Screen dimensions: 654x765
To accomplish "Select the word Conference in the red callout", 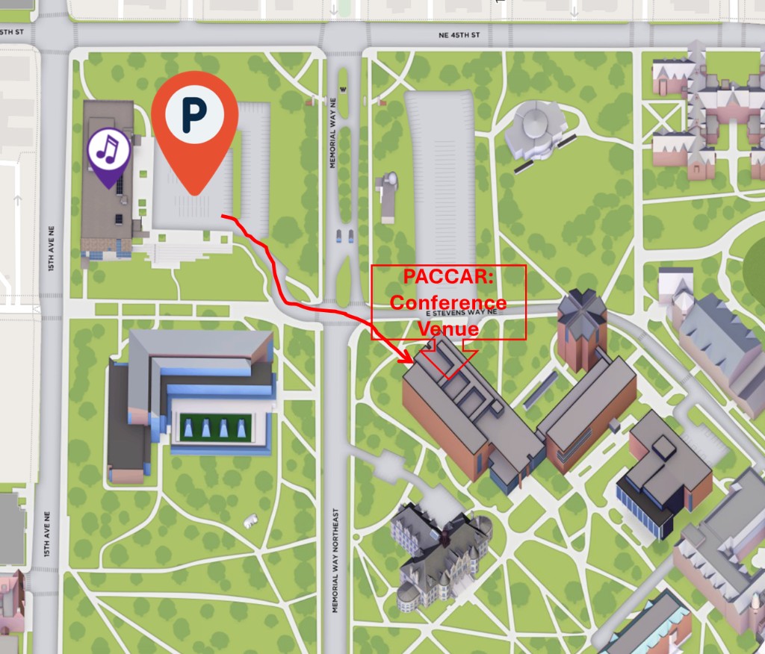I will click(x=447, y=303).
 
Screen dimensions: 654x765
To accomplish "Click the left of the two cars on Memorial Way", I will click(x=340, y=236).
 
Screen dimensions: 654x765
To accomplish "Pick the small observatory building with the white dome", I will click(x=389, y=197).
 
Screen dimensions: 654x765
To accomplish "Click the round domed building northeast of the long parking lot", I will click(x=536, y=131).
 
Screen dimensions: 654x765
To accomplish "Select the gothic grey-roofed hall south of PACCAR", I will click(x=441, y=552).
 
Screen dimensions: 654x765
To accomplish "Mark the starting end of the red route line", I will click(x=223, y=217).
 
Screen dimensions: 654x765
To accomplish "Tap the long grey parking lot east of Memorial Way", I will click(x=441, y=179).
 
